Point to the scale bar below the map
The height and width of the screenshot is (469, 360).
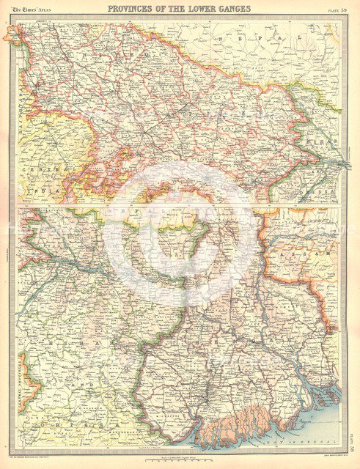pos(180,448)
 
